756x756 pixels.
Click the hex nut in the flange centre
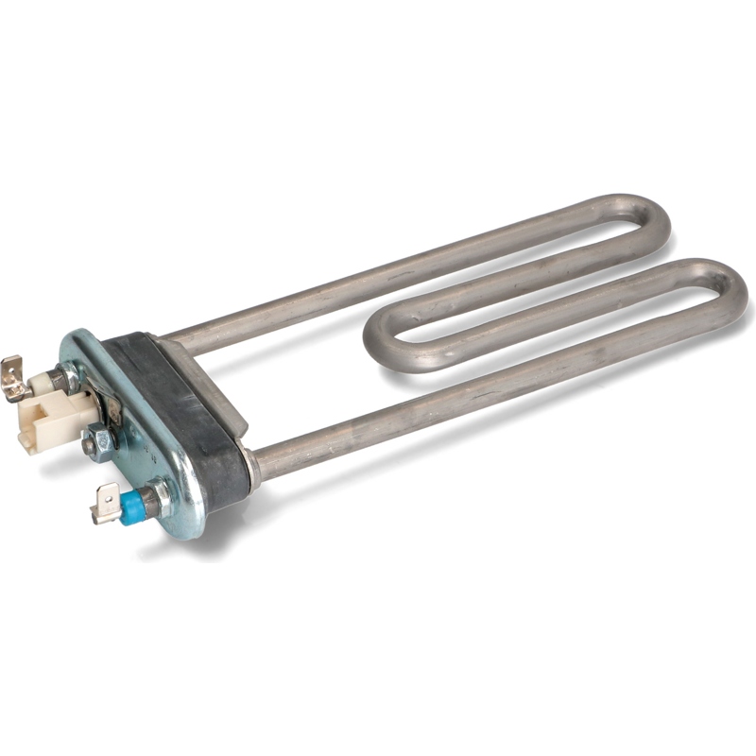click(x=96, y=440)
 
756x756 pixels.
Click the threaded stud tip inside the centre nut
click(x=88, y=444)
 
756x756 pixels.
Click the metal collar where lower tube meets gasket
click(x=251, y=464)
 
